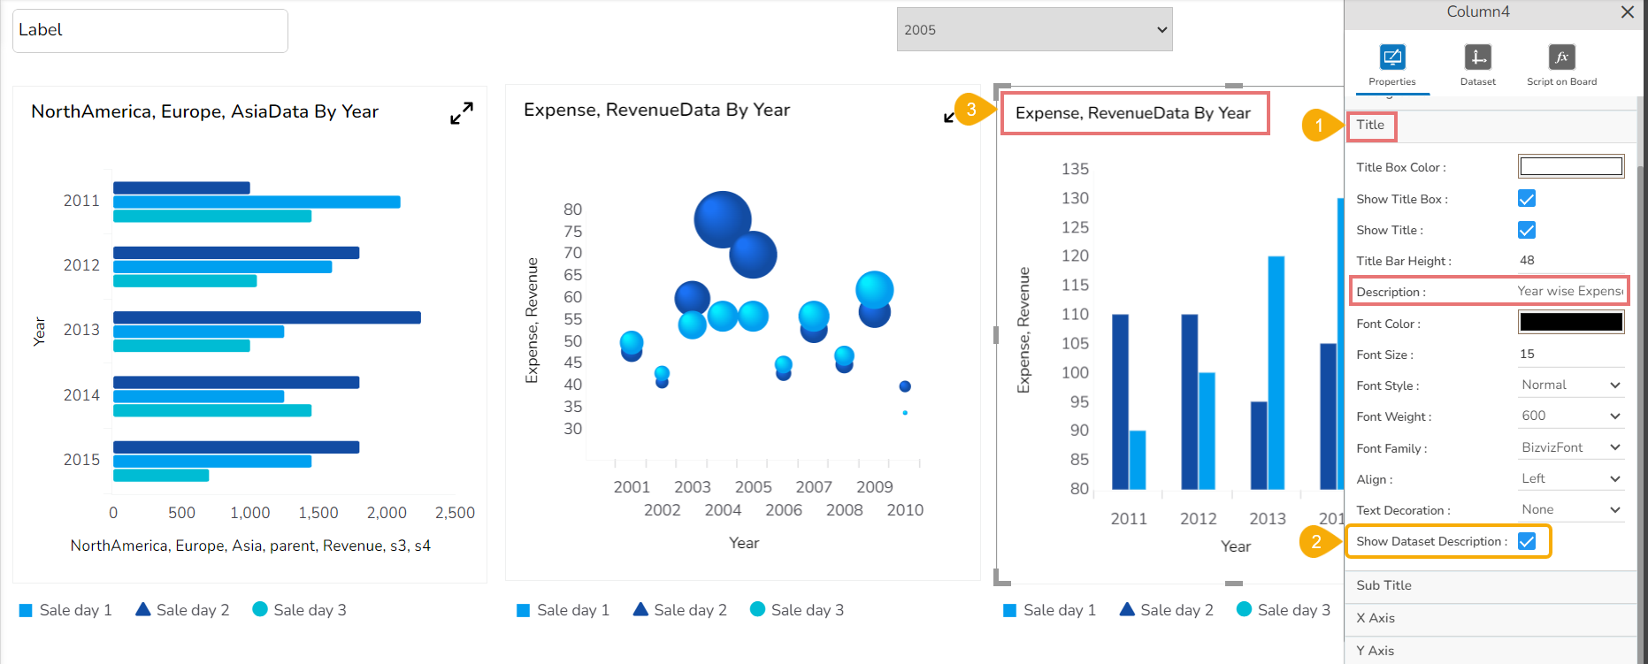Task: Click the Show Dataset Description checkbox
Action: [1527, 541]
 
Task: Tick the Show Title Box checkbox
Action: [1527, 199]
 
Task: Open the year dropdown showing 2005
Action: [1034, 29]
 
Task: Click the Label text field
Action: [150, 31]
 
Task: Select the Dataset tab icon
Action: [1477, 58]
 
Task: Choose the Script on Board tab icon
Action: [1561, 58]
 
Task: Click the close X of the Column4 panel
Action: [1627, 12]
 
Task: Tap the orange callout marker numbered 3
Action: [970, 110]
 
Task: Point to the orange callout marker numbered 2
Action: [1315, 542]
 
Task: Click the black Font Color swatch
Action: [1571, 322]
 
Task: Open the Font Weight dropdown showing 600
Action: [1571, 416]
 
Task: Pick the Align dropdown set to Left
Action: [1571, 479]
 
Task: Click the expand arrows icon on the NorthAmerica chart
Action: [462, 113]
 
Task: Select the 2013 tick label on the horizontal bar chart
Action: [81, 330]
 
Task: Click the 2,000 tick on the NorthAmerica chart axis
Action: [387, 513]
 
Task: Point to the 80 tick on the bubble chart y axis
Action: [573, 210]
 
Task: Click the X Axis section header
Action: [1376, 618]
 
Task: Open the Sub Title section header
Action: [1384, 585]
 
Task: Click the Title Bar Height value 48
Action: [1528, 261]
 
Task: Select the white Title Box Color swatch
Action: [1571, 166]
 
